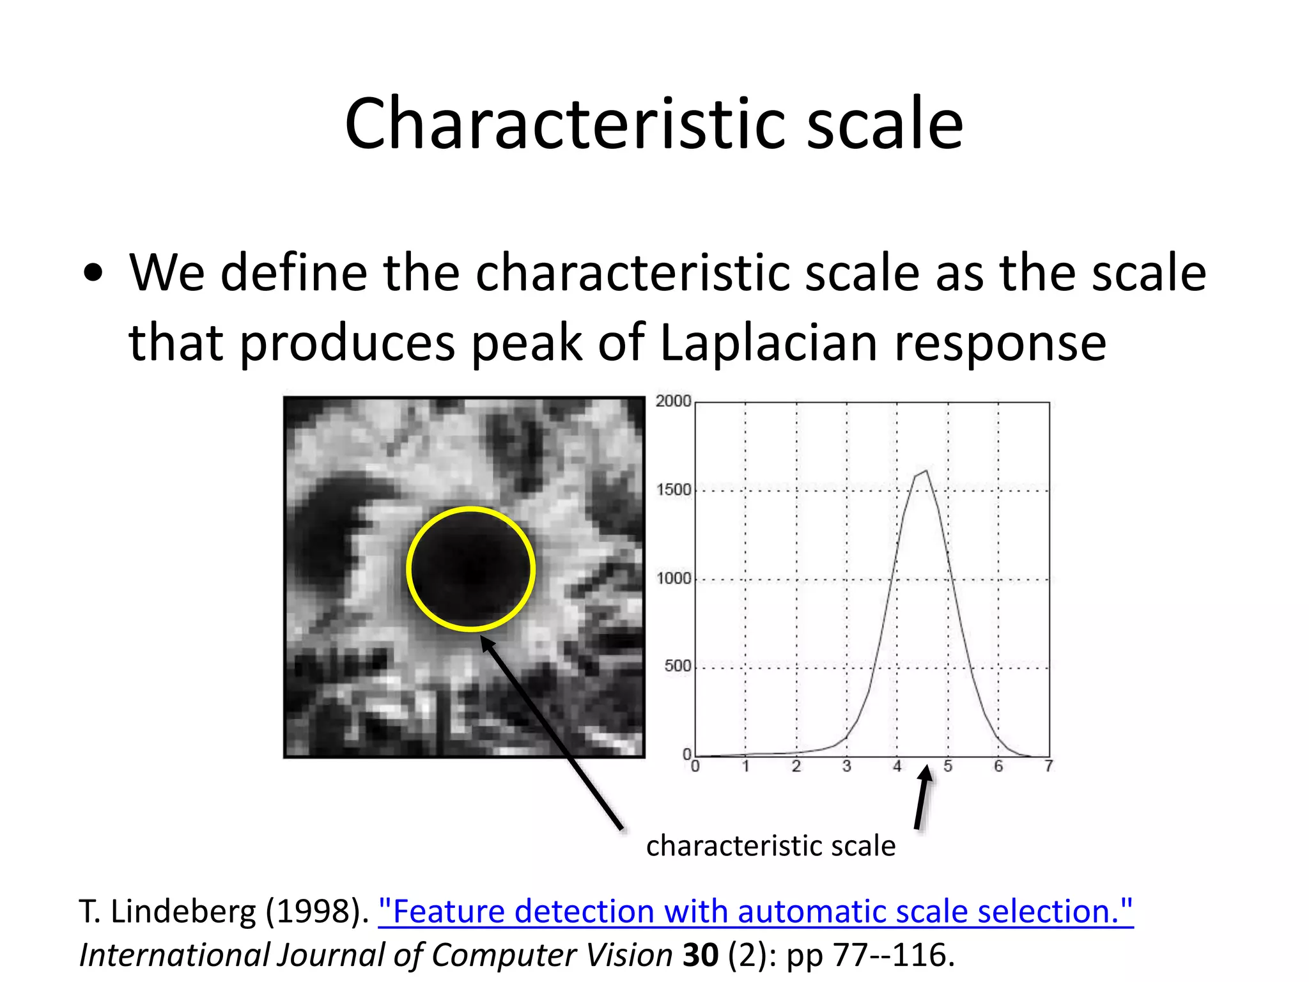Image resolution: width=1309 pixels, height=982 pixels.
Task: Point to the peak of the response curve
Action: (926, 471)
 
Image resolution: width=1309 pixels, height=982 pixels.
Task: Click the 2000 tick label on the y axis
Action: (673, 401)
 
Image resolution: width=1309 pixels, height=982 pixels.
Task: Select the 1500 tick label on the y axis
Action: (674, 490)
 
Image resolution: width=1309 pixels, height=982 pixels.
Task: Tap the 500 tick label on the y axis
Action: (678, 666)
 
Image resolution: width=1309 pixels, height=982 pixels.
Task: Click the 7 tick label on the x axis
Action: (1048, 766)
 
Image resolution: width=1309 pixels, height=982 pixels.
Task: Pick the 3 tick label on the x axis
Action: (846, 766)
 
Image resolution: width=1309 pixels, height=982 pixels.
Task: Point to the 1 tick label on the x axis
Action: (745, 766)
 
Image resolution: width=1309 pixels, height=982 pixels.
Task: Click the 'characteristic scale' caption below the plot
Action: (770, 846)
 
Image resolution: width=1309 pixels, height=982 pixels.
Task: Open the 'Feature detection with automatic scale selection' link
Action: (755, 911)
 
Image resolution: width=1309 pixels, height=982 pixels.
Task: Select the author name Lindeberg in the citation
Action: (183, 911)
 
